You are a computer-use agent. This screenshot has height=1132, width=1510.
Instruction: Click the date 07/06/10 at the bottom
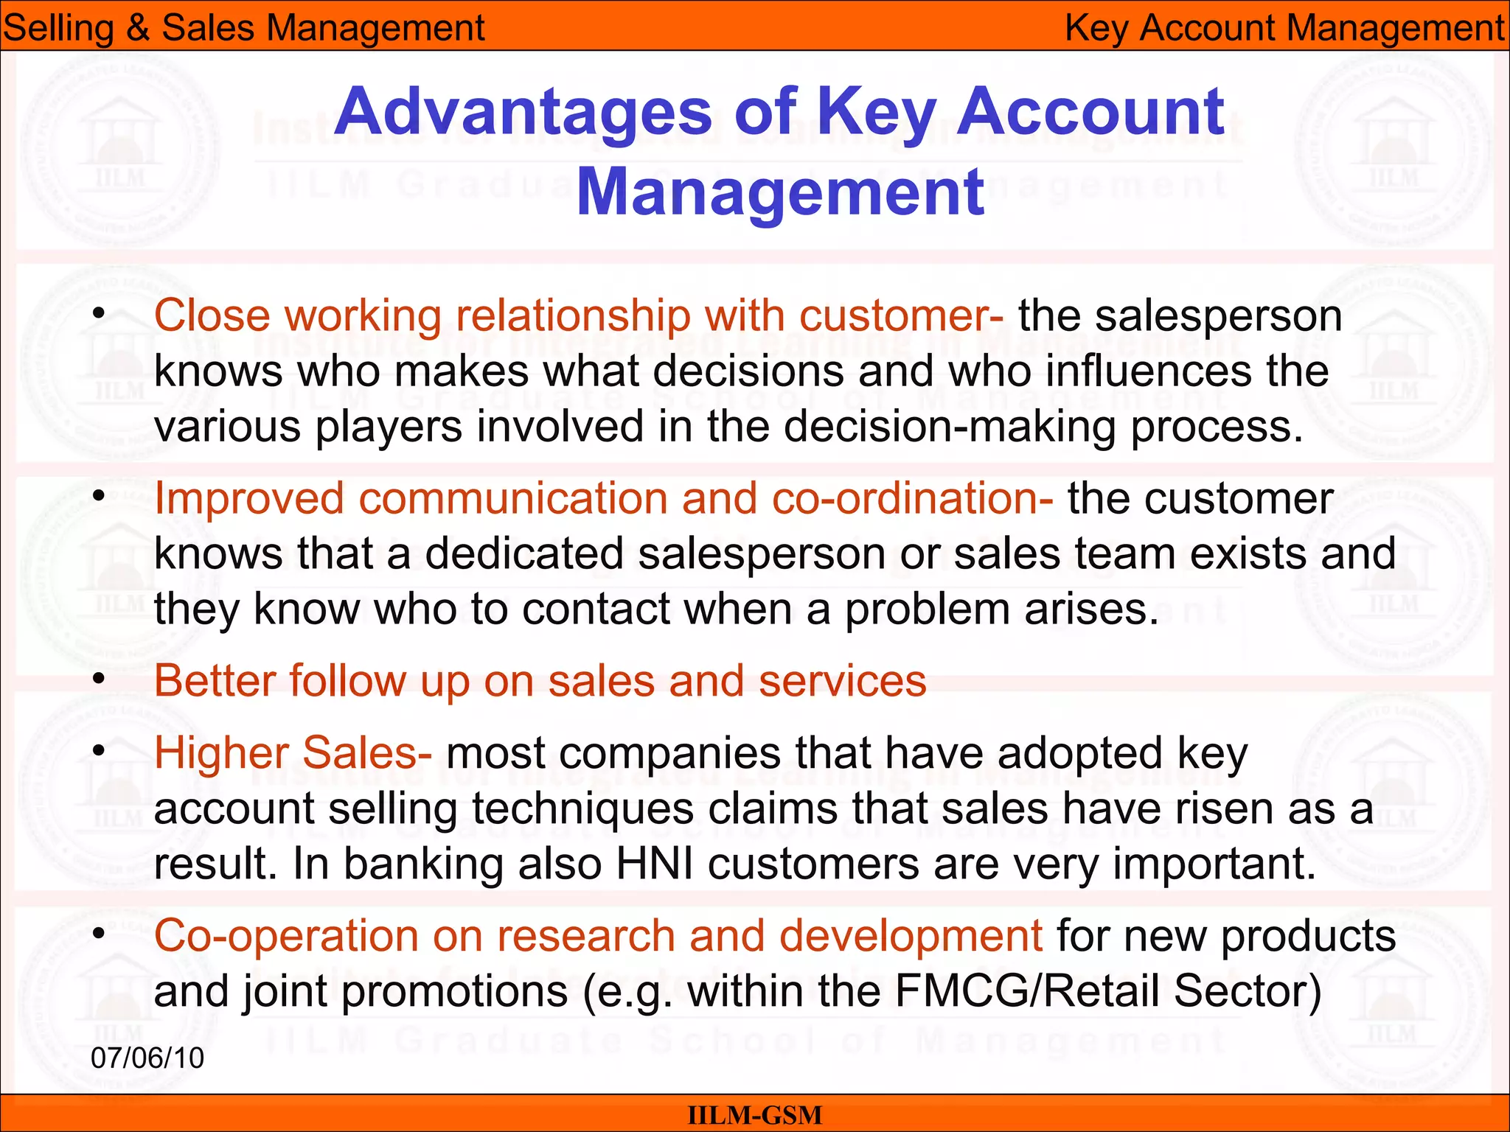147,1058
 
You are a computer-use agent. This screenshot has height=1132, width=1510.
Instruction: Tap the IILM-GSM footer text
754,1115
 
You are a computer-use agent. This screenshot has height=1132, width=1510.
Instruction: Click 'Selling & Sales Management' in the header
243,28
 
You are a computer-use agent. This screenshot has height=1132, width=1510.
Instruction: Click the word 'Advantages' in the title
523,112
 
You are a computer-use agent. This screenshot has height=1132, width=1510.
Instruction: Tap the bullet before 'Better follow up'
99,679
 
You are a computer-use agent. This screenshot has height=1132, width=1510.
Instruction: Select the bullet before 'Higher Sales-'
99,751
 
